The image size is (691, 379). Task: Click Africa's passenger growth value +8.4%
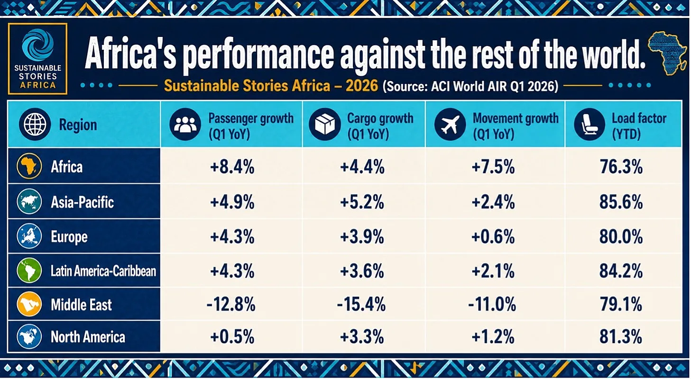(232, 167)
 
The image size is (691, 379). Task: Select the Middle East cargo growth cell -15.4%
(361, 305)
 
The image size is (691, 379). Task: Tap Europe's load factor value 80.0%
(621, 237)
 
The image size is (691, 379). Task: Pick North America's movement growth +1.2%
(493, 337)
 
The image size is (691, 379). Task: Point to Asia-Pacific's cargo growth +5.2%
(362, 202)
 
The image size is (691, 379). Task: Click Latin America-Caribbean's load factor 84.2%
(621, 271)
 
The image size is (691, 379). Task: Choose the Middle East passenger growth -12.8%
(231, 305)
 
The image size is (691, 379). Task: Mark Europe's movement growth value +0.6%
(493, 237)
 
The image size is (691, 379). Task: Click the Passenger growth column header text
(251, 126)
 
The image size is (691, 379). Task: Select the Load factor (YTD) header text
(639, 126)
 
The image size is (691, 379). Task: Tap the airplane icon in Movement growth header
(450, 125)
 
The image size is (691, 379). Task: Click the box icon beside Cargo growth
(324, 125)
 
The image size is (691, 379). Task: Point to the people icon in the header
(185, 125)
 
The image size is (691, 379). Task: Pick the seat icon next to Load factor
(590, 125)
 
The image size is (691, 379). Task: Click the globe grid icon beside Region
(35, 125)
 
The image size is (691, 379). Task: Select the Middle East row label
(81, 305)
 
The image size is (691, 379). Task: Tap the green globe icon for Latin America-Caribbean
(29, 271)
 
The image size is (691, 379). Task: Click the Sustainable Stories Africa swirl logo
(37, 45)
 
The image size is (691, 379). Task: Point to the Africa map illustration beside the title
(668, 53)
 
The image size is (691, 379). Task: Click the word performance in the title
(258, 55)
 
